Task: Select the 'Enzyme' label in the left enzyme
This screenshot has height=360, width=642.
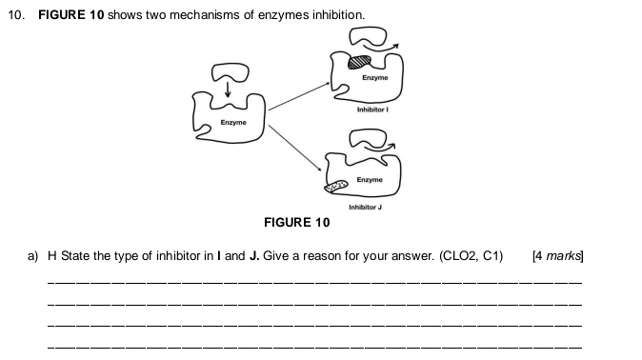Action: (233, 123)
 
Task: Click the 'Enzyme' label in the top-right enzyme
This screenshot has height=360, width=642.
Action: (374, 77)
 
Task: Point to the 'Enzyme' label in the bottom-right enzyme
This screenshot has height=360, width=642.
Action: (370, 180)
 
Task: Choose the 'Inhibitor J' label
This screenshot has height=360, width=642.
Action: (365, 207)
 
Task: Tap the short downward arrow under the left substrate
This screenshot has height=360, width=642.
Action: (229, 90)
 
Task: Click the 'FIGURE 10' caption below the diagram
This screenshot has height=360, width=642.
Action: (296, 223)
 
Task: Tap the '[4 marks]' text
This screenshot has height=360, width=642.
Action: (558, 255)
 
